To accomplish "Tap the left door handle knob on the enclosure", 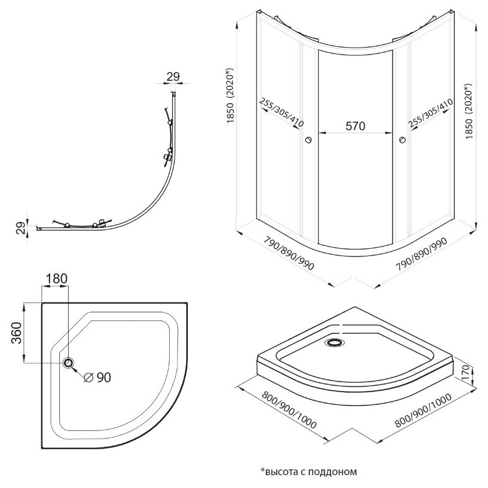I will [x=308, y=140].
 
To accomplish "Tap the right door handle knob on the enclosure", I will [x=402, y=140].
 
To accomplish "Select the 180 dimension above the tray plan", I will [x=56, y=279].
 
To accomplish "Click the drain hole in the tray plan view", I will [x=69, y=363].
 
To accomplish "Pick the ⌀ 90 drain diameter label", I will [x=97, y=377].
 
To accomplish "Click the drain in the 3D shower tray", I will [x=336, y=343].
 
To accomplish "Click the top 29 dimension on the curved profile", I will [x=172, y=76].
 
